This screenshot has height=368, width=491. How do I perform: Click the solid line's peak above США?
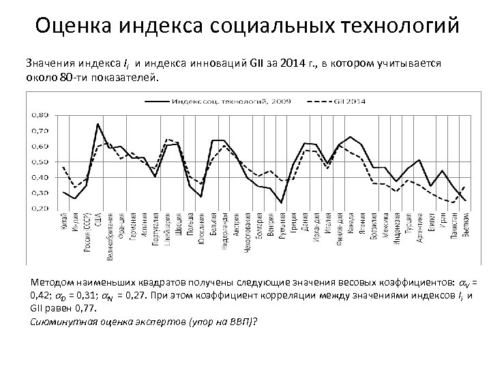(x=98, y=124)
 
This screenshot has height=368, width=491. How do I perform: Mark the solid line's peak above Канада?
(x=351, y=137)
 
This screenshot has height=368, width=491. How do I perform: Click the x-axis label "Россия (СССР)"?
(x=87, y=232)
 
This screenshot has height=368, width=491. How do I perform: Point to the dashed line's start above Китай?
(x=63, y=167)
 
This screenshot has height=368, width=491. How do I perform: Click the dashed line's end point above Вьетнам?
(x=465, y=186)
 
